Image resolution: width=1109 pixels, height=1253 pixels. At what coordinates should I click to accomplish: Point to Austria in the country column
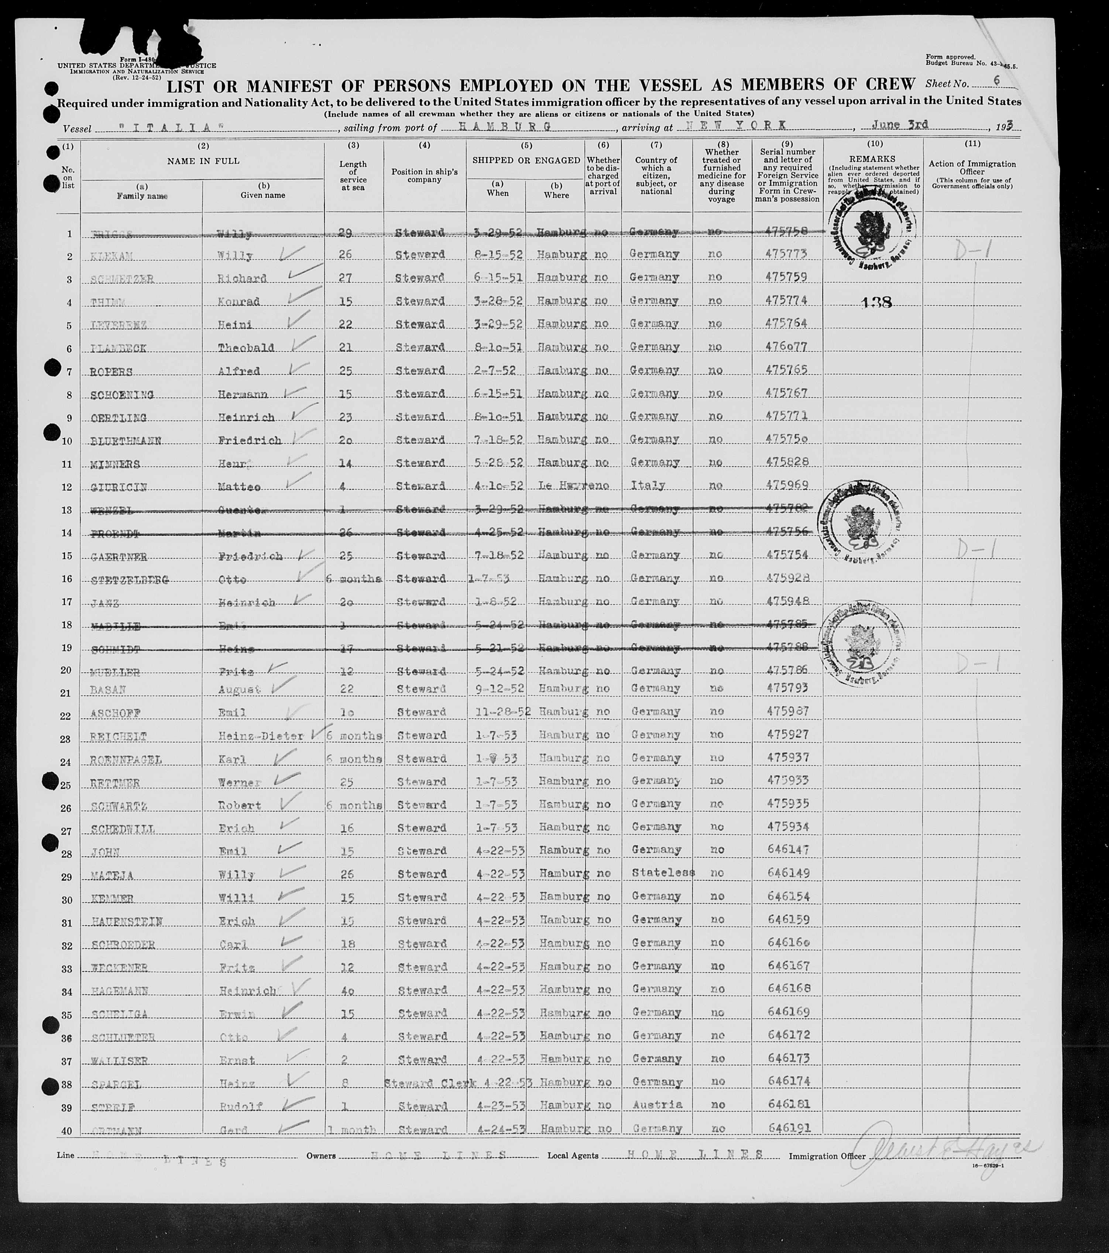[x=655, y=1105]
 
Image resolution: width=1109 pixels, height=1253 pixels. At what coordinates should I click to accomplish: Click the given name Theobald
[x=246, y=348]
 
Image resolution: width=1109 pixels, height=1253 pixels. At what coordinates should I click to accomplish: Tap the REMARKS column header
[x=874, y=159]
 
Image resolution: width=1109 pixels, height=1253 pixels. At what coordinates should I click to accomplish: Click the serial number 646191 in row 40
[x=787, y=1127]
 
